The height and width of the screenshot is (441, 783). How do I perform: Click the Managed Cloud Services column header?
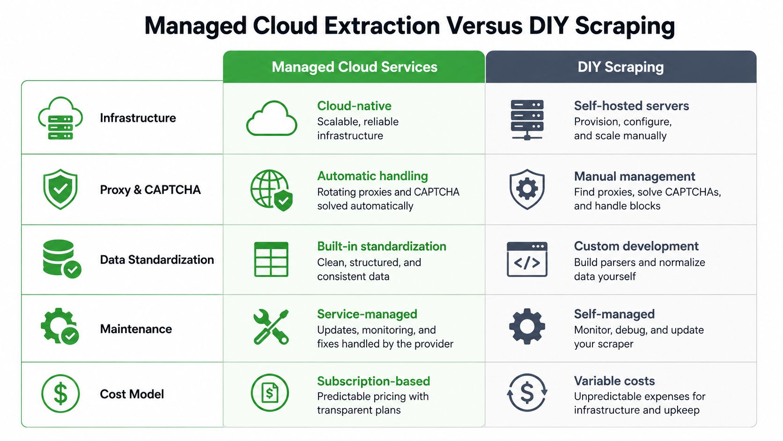coord(355,67)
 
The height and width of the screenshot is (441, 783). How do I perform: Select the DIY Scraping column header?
coord(620,67)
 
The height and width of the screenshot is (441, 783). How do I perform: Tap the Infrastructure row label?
coord(138,118)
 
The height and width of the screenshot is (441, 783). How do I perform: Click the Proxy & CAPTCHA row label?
coord(150,189)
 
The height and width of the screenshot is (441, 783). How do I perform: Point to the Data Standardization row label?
coord(157,260)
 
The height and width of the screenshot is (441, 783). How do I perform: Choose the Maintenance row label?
coord(136,329)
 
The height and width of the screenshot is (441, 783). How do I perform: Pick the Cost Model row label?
coord(132,394)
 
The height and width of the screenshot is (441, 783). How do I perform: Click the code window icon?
coord(527,259)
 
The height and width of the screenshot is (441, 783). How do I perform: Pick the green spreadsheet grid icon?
coord(271,259)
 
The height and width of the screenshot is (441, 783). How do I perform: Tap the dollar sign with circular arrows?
coord(527,393)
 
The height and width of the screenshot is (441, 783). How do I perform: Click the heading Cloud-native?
coord(354,105)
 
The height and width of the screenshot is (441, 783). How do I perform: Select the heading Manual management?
coord(635,176)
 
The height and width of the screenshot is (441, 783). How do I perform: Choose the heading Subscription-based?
coord(373,381)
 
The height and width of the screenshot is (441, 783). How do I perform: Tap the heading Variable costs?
coord(614,381)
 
